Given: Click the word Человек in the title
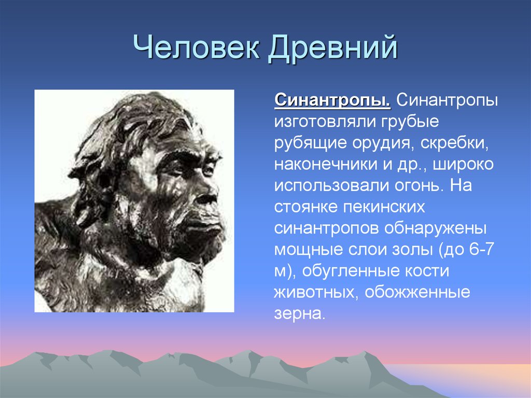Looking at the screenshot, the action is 197,47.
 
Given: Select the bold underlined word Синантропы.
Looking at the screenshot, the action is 332,101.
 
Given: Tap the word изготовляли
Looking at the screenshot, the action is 325,122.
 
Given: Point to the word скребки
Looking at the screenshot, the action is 455,143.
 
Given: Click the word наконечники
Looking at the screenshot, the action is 326,164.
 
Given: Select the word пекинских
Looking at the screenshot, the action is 384,207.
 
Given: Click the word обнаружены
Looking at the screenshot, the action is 436,228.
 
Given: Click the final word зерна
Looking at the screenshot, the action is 300,314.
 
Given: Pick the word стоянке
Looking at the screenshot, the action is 306,207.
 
